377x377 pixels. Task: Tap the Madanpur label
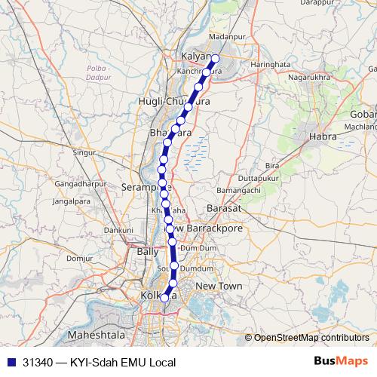point(227,36)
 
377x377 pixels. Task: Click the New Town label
point(219,287)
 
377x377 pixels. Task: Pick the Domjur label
point(78,258)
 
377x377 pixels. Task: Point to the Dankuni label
point(119,229)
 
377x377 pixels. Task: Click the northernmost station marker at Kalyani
point(215,58)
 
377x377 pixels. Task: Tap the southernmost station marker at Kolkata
point(165,298)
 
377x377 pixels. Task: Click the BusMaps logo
point(340,361)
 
